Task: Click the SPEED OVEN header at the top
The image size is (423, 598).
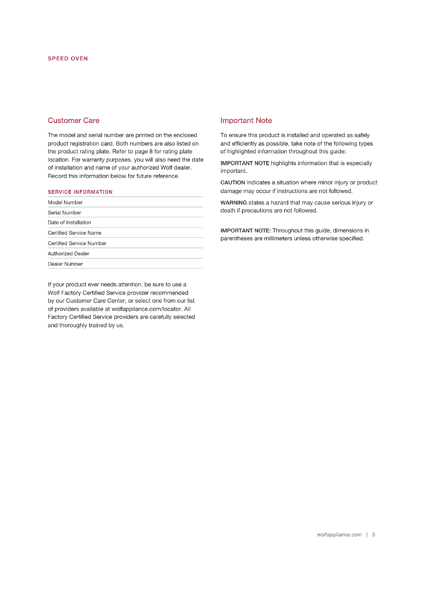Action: pyautogui.click(x=68, y=59)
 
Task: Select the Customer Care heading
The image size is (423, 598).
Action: pyautogui.click(x=73, y=120)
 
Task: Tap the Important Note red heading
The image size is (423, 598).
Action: pyautogui.click(x=246, y=120)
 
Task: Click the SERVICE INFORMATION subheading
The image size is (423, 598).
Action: pyautogui.click(x=80, y=192)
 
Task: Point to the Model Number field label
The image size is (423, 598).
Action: pyautogui.click(x=65, y=202)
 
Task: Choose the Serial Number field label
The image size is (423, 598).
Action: pyautogui.click(x=64, y=213)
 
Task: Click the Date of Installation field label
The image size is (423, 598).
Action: pyautogui.click(x=69, y=222)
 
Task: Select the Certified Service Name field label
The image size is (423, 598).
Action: pyautogui.click(x=74, y=233)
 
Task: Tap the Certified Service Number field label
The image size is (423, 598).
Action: pyautogui.click(x=77, y=243)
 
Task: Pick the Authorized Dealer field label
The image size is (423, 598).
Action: pyautogui.click(x=69, y=254)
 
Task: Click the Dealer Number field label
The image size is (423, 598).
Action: pyautogui.click(x=65, y=264)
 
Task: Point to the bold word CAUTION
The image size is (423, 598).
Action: pyautogui.click(x=232, y=183)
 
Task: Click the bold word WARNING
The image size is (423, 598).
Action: pyautogui.click(x=233, y=203)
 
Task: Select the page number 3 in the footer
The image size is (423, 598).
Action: pyautogui.click(x=373, y=534)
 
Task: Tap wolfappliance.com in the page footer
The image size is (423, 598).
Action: pyautogui.click(x=339, y=534)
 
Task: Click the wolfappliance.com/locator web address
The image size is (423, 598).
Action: pyautogui.click(x=146, y=309)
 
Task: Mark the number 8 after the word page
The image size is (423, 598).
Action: pyautogui.click(x=151, y=151)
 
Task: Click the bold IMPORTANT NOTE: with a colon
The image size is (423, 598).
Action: pyautogui.click(x=245, y=231)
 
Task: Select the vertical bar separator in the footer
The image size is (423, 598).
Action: pyautogui.click(x=367, y=534)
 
